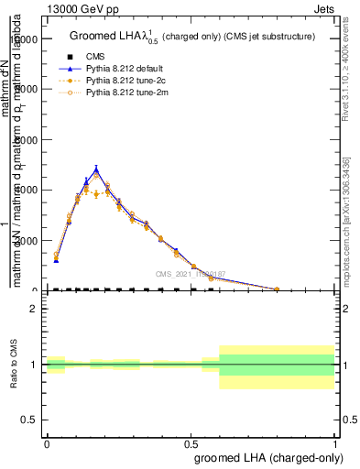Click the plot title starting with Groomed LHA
tap(192, 37)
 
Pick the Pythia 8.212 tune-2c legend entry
tap(125, 81)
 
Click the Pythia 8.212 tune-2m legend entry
tap(125, 93)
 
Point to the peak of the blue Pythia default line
tap(96, 169)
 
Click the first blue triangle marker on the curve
tap(57, 261)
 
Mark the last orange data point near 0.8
tap(277, 289)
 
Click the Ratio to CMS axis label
tap(14, 365)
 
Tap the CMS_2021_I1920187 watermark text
tap(191, 274)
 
